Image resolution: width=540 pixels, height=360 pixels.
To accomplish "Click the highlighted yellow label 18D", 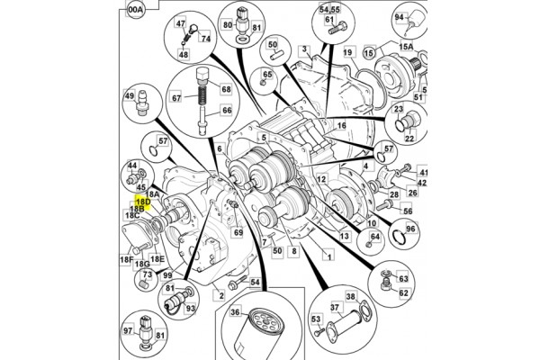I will coord(141,203).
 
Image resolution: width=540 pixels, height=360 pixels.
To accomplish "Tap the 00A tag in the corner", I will coord(136,12).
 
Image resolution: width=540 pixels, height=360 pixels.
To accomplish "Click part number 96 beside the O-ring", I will coord(410,229).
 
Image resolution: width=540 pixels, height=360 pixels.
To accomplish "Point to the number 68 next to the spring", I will coord(224,90).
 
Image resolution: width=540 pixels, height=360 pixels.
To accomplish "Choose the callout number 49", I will coord(129,96).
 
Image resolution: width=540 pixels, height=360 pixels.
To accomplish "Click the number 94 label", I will coord(399,16).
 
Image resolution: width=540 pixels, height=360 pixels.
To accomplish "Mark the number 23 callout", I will coord(398,111).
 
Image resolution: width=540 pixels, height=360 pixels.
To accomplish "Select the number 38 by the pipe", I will coord(351,297).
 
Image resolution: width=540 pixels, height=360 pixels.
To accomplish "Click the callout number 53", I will coord(316,319).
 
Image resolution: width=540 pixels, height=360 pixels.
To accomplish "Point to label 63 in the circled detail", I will coord(403,279).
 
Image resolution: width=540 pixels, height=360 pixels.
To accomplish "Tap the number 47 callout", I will coord(180,24).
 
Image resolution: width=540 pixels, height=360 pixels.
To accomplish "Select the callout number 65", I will coord(267,75).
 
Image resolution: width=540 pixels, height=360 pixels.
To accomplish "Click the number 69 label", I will coord(238,233).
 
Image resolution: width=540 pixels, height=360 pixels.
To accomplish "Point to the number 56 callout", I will coord(408,211).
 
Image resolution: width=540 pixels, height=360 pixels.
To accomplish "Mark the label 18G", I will coord(141,265).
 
